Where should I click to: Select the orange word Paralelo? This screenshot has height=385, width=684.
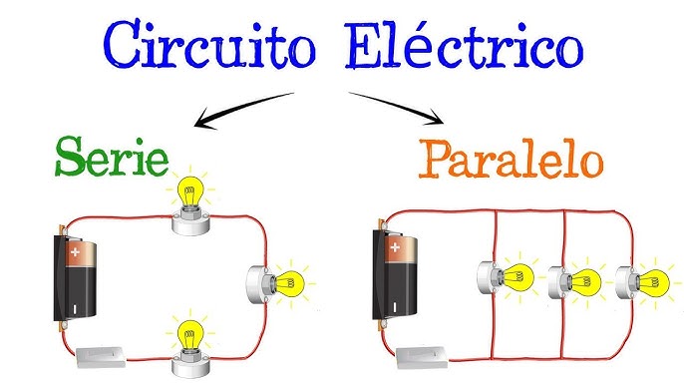click(x=510, y=159)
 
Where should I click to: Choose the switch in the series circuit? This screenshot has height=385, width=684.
click(x=102, y=352)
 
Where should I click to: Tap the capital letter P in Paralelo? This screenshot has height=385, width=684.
click(x=437, y=159)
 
